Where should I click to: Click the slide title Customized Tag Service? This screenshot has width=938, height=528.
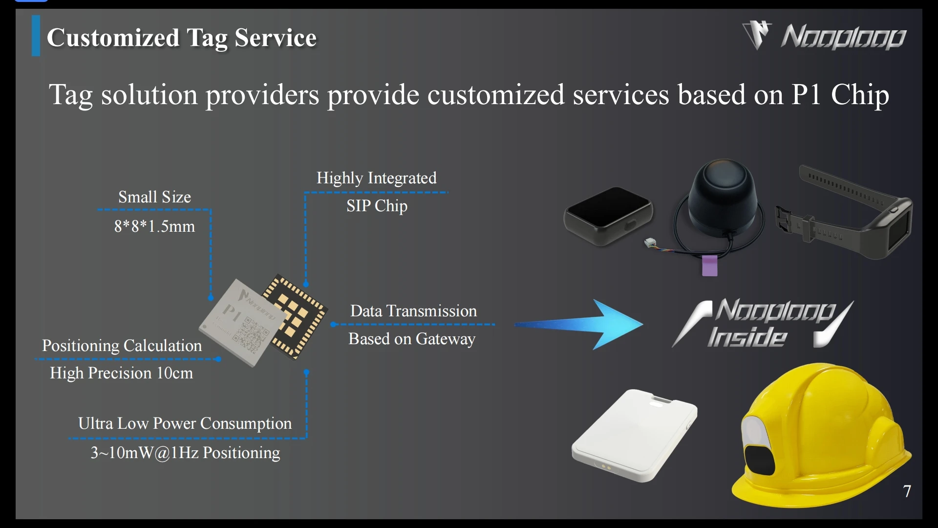tap(182, 38)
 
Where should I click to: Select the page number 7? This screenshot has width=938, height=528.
tap(907, 491)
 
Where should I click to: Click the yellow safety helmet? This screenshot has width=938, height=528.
tap(821, 435)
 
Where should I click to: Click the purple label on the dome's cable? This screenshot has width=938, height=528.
tap(709, 266)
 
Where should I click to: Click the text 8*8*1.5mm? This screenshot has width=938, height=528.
tap(154, 226)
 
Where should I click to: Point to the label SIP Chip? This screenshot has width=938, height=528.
tap(377, 206)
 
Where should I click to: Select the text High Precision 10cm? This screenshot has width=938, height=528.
tap(121, 373)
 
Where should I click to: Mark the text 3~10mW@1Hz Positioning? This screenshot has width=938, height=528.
tap(185, 453)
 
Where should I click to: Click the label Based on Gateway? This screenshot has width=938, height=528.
tap(411, 339)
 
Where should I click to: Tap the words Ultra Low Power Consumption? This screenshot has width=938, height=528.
tap(185, 423)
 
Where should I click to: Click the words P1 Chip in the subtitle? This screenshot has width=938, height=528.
tap(840, 94)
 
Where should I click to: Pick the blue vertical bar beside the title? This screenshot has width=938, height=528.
tap(36, 36)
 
